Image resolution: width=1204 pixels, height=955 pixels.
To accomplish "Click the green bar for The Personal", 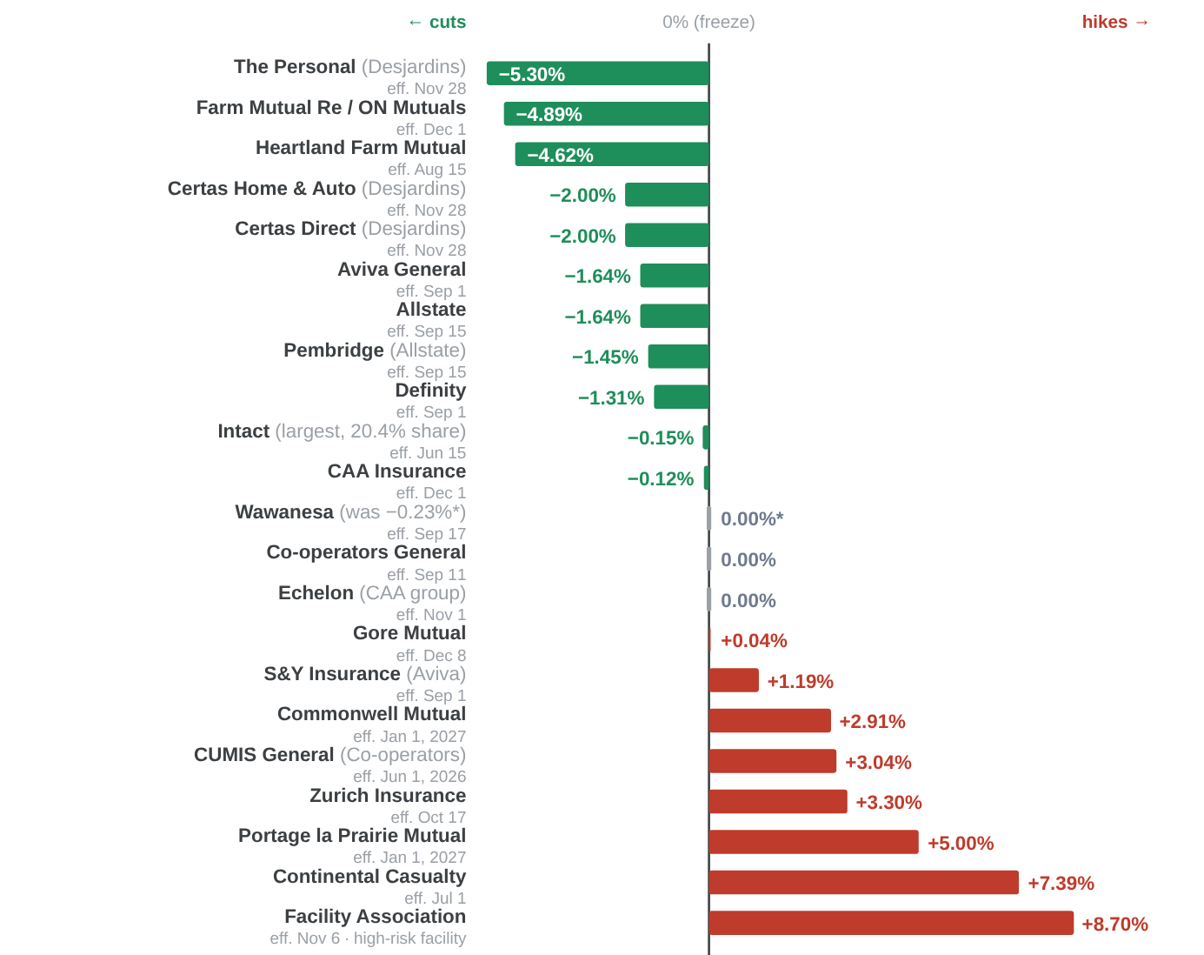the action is [x=597, y=73].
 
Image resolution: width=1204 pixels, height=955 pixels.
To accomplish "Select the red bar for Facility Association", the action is [x=891, y=923].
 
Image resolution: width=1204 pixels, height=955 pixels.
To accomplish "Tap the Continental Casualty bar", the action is [x=864, y=883].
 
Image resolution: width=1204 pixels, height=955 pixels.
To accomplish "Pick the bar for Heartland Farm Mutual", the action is [x=612, y=155].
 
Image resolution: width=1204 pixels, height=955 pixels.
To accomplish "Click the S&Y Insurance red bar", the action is [x=734, y=680].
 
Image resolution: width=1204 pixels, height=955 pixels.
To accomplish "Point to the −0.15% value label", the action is [x=660, y=437].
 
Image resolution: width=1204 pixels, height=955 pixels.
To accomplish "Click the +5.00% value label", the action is [x=961, y=843].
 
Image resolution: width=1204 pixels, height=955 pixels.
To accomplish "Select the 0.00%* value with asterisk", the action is [x=752, y=519].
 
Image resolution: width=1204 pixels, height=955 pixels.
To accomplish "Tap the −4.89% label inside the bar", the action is [x=549, y=114].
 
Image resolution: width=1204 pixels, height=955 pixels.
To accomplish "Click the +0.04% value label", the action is [x=754, y=640].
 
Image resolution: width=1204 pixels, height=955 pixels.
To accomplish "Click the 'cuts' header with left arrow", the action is [x=436, y=22].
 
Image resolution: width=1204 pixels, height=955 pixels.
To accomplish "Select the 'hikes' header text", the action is [x=1104, y=22].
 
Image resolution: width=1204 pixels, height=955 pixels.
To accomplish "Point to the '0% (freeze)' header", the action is [x=708, y=22].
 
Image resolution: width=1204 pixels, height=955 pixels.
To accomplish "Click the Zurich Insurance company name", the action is [x=388, y=795].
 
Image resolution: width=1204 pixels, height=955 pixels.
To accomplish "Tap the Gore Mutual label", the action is [x=409, y=632].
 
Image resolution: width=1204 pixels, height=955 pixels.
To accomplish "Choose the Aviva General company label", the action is [x=402, y=270].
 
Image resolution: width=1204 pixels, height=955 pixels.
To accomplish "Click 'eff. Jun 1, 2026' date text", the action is [x=409, y=777].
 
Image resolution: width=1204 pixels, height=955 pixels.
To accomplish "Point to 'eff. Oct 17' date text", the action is [x=429, y=818].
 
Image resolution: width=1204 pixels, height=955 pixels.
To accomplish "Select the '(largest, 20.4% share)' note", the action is [x=370, y=431].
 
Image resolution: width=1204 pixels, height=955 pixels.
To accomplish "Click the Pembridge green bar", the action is [x=679, y=357].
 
